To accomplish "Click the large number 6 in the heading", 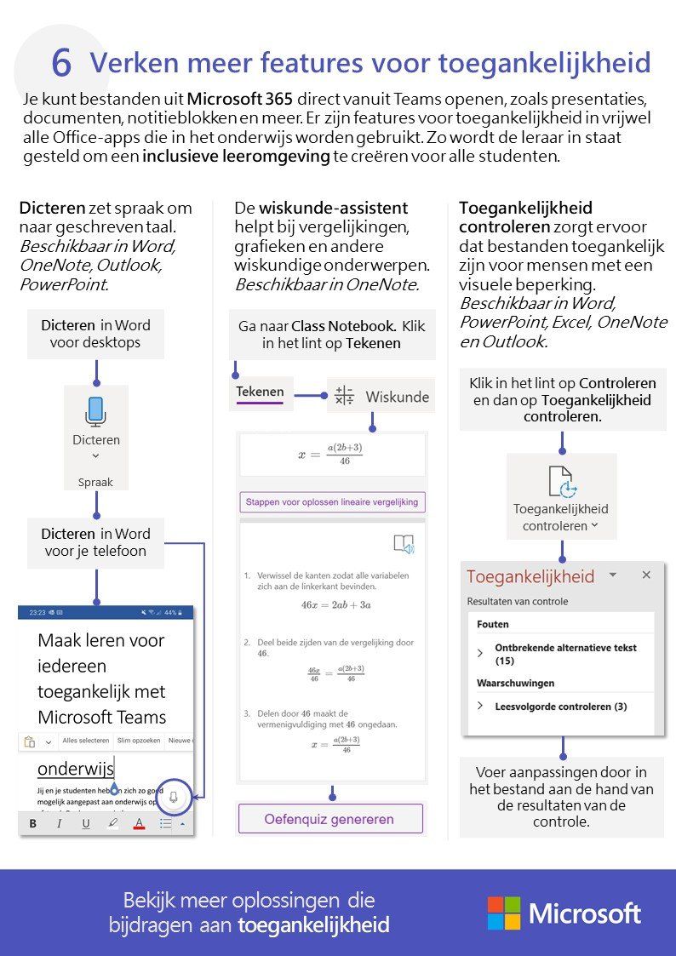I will (61, 63).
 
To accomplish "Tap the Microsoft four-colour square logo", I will (503, 913).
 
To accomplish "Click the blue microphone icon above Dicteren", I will (95, 411).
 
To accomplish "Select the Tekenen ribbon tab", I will (261, 392).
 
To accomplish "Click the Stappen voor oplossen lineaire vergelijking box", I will (332, 502).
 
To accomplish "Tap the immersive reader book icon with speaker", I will (403, 545).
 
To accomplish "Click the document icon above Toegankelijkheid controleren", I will (561, 482).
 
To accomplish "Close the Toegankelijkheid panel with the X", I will (646, 575).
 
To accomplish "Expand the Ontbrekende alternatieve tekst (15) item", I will (481, 653).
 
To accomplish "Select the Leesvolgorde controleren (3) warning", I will (560, 706).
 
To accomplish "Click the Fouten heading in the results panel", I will (493, 624).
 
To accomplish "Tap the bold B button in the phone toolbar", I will (33, 823).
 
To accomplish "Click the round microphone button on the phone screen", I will (174, 797).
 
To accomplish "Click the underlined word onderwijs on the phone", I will (75, 768).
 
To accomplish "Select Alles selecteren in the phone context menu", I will (85, 741).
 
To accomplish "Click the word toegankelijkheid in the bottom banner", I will (313, 925).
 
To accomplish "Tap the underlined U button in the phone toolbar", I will (86, 823).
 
